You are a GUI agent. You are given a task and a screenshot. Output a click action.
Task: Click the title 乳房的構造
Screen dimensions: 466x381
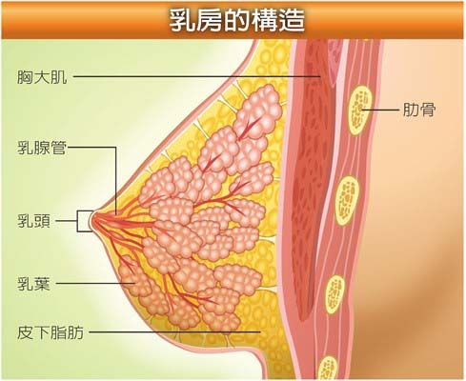(x=236, y=21)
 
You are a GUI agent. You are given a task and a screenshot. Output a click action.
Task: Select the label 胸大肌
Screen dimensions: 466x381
(x=42, y=77)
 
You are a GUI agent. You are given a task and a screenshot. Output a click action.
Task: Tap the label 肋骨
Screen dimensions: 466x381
(x=418, y=110)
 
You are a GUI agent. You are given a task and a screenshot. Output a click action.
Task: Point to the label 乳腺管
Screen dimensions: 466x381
(x=42, y=148)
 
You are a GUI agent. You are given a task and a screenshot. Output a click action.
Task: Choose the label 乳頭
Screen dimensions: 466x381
(x=33, y=221)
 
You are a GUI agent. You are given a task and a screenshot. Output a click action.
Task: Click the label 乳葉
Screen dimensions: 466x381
(x=33, y=284)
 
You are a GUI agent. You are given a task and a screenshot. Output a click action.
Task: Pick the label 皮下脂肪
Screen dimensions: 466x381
(x=51, y=333)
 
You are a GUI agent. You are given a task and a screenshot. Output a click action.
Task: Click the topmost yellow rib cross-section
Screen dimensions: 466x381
(x=360, y=110)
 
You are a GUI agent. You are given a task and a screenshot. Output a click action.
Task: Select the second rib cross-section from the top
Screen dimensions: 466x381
(x=347, y=201)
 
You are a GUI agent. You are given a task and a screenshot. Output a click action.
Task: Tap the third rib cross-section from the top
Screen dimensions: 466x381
(x=334, y=294)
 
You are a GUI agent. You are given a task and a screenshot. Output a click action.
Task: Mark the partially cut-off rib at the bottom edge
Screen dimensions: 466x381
(x=327, y=369)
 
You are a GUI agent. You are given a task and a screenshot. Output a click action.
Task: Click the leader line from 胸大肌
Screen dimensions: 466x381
(x=196, y=76)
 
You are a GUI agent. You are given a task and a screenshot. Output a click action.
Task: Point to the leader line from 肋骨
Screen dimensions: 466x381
(x=380, y=110)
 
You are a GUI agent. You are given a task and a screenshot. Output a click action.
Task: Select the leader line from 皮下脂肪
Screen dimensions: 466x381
(x=174, y=332)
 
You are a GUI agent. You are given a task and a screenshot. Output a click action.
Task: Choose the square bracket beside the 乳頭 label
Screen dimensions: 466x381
(x=77, y=221)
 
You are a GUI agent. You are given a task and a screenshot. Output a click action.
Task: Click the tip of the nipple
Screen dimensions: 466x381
(x=91, y=221)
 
